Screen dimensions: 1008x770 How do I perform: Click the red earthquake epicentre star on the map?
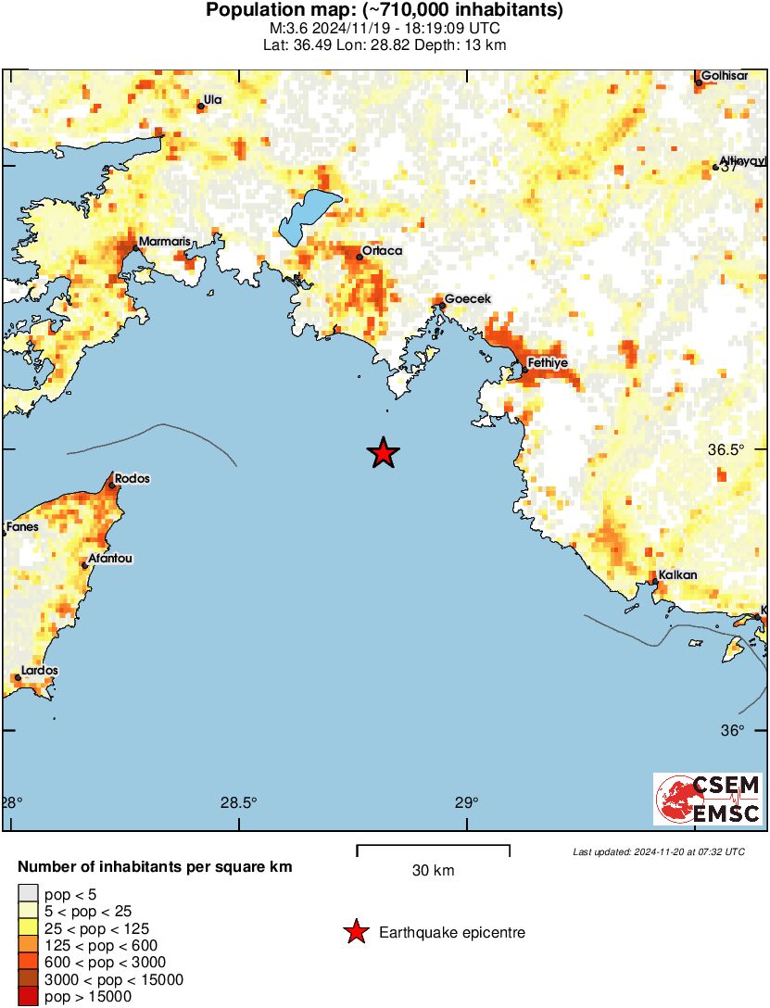[383, 453]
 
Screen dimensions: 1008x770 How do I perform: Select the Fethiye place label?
[547, 362]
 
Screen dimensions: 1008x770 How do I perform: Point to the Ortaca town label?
[382, 250]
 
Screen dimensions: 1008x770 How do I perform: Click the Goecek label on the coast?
[468, 298]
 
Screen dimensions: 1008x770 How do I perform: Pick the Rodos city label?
[133, 479]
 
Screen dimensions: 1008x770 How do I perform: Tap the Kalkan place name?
[676, 575]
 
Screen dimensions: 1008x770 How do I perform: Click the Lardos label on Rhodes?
[40, 670]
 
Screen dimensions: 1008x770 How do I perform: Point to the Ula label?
[213, 99]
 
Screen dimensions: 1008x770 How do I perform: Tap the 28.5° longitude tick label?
[239, 803]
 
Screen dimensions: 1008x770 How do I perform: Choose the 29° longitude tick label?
[466, 803]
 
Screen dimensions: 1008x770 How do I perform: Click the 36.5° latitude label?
[726, 450]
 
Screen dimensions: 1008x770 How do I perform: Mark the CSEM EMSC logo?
[708, 799]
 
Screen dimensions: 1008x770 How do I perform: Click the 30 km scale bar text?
[433, 871]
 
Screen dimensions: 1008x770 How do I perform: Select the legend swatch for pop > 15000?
[28, 997]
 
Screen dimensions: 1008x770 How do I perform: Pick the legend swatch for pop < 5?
[28, 894]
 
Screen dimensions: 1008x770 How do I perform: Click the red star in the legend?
[355, 932]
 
